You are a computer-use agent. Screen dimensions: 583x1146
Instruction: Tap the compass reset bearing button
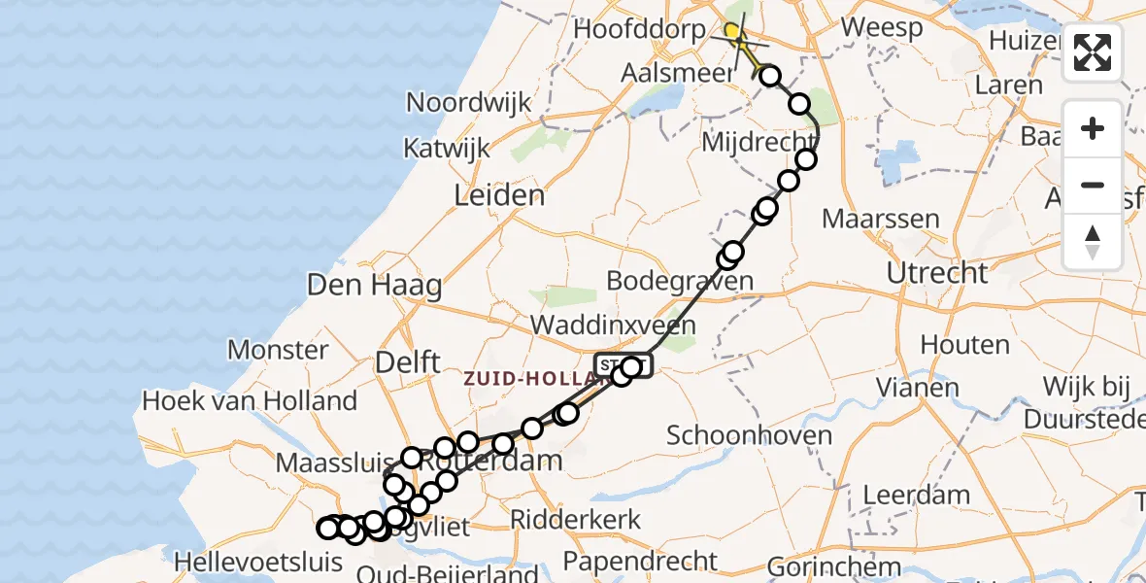click(x=1093, y=241)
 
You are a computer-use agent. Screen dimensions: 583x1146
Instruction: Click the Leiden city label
click(x=499, y=196)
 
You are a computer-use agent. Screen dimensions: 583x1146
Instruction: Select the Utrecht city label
click(x=937, y=273)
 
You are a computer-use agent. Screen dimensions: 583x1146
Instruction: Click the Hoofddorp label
click(x=639, y=29)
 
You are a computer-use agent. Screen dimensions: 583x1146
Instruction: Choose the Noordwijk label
click(x=469, y=103)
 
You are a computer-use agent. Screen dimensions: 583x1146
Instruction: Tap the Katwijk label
click(x=447, y=150)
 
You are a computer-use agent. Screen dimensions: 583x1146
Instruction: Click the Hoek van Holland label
click(x=250, y=400)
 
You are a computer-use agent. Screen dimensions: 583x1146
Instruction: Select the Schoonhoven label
click(x=750, y=435)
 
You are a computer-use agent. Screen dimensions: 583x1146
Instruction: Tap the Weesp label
click(x=882, y=27)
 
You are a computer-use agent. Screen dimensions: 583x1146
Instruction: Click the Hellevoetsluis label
click(x=257, y=562)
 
